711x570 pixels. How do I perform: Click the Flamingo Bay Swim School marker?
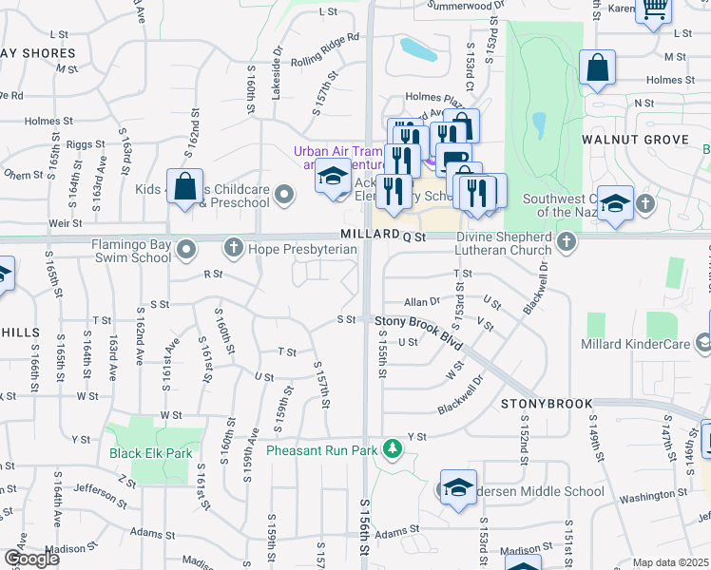tap(186, 250)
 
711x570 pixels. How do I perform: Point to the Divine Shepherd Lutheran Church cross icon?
tap(567, 242)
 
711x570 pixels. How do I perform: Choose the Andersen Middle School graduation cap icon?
tap(459, 487)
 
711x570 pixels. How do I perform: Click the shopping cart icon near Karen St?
tap(654, 9)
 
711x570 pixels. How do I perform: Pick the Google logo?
tap(30, 559)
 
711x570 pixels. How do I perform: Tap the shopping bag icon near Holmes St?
tap(597, 68)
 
